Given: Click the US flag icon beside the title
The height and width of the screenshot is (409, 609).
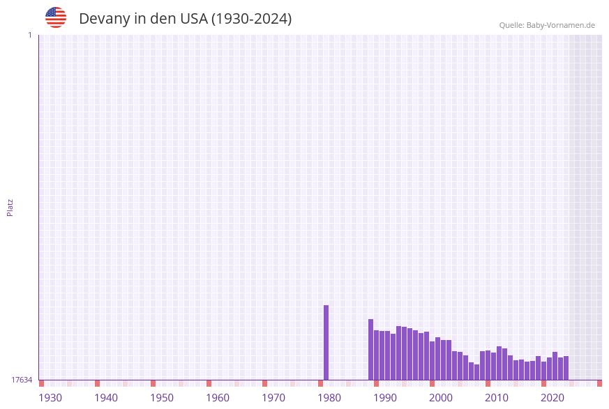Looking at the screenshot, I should (x=56, y=17).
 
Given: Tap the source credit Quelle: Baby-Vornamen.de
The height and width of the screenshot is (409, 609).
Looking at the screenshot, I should (x=546, y=25).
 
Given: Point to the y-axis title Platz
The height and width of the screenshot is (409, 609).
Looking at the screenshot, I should (x=10, y=208).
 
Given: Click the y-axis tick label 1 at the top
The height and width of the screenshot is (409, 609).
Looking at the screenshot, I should (x=29, y=35).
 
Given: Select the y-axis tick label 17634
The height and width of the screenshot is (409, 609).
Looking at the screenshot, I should (x=22, y=380).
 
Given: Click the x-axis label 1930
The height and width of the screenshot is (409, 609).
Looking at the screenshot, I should (x=50, y=398).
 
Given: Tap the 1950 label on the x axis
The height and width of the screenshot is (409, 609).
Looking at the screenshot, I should (x=162, y=398).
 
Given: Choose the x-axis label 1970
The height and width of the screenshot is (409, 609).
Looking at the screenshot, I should (x=273, y=398).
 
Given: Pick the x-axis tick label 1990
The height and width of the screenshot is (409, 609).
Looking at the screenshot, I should (x=385, y=398).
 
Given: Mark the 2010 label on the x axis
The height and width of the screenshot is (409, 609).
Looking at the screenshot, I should (x=497, y=398).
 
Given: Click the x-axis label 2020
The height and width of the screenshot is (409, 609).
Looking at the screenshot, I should (x=552, y=398).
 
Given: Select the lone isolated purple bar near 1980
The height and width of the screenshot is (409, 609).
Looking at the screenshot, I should (x=326, y=342).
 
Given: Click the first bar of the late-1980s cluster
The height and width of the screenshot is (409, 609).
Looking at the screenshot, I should (x=370, y=349).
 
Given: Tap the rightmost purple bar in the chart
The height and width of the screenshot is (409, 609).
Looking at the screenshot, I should (x=566, y=368).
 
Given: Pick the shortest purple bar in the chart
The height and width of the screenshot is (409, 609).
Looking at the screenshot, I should (x=476, y=372).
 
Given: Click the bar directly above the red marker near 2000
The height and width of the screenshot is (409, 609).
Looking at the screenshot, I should (x=432, y=360).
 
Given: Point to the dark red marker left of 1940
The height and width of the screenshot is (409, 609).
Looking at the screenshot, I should (x=97, y=383).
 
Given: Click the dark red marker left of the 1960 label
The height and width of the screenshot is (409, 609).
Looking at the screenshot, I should (x=209, y=383).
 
